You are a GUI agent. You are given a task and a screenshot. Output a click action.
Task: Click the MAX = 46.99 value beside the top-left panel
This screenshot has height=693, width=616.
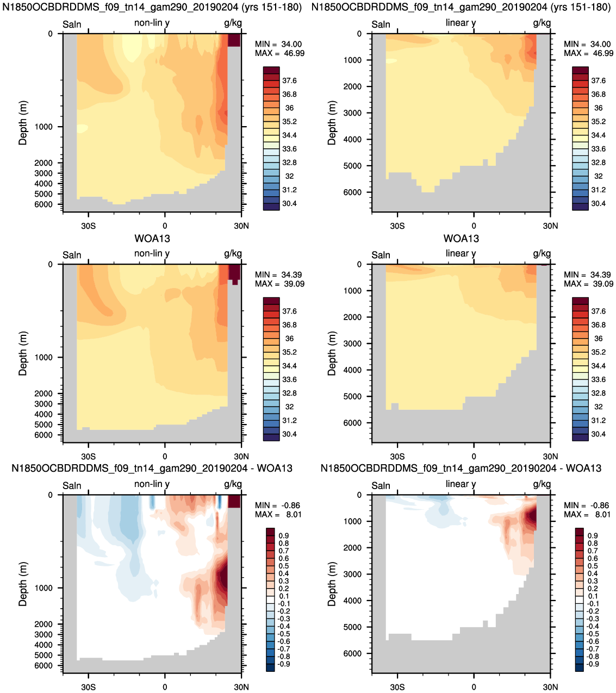pos(279,53)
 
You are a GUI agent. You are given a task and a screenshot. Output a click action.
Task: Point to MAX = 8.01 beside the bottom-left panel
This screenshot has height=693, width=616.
pos(278,514)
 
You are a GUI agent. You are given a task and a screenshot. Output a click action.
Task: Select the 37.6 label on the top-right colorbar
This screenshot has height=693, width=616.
pos(598,81)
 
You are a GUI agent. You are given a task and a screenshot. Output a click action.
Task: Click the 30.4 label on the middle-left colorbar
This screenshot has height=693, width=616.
pos(289,434)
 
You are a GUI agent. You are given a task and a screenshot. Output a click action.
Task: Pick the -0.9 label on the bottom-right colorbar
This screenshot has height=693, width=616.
pos(593,664)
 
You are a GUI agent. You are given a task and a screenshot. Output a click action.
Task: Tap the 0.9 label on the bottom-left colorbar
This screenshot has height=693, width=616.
pos(284,536)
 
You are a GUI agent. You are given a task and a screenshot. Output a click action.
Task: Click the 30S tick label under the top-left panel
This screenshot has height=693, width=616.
pos(88,226)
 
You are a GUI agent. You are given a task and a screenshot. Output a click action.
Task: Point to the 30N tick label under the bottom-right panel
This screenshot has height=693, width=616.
pos(550,687)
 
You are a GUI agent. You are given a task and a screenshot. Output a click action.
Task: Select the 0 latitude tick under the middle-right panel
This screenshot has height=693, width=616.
pos(474,457)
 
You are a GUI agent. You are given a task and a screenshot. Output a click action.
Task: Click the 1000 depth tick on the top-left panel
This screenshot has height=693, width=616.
pos(44,127)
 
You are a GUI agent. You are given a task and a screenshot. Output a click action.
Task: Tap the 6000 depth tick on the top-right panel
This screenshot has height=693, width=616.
pos(352,192)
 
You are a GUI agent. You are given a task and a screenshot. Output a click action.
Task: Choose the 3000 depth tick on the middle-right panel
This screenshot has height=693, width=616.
pos(352,344)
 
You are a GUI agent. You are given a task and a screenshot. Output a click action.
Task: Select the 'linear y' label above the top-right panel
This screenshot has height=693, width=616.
pos(461,23)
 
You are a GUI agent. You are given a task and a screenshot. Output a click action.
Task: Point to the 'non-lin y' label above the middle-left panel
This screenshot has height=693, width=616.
pos(152,253)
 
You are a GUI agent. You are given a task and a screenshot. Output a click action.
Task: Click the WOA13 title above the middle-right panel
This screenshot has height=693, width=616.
pos(461,239)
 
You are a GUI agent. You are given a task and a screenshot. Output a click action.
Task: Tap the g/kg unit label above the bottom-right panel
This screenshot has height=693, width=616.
pos(542,485)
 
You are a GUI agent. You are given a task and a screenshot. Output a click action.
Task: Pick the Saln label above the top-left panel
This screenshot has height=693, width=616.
pos(72,24)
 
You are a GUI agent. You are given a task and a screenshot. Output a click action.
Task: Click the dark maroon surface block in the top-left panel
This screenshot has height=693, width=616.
pos(234,40)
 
